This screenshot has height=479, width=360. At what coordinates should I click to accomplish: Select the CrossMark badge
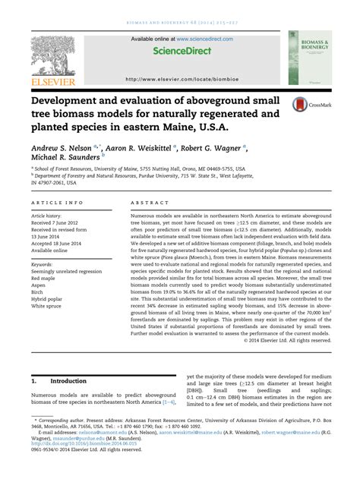(x=306, y=106)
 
